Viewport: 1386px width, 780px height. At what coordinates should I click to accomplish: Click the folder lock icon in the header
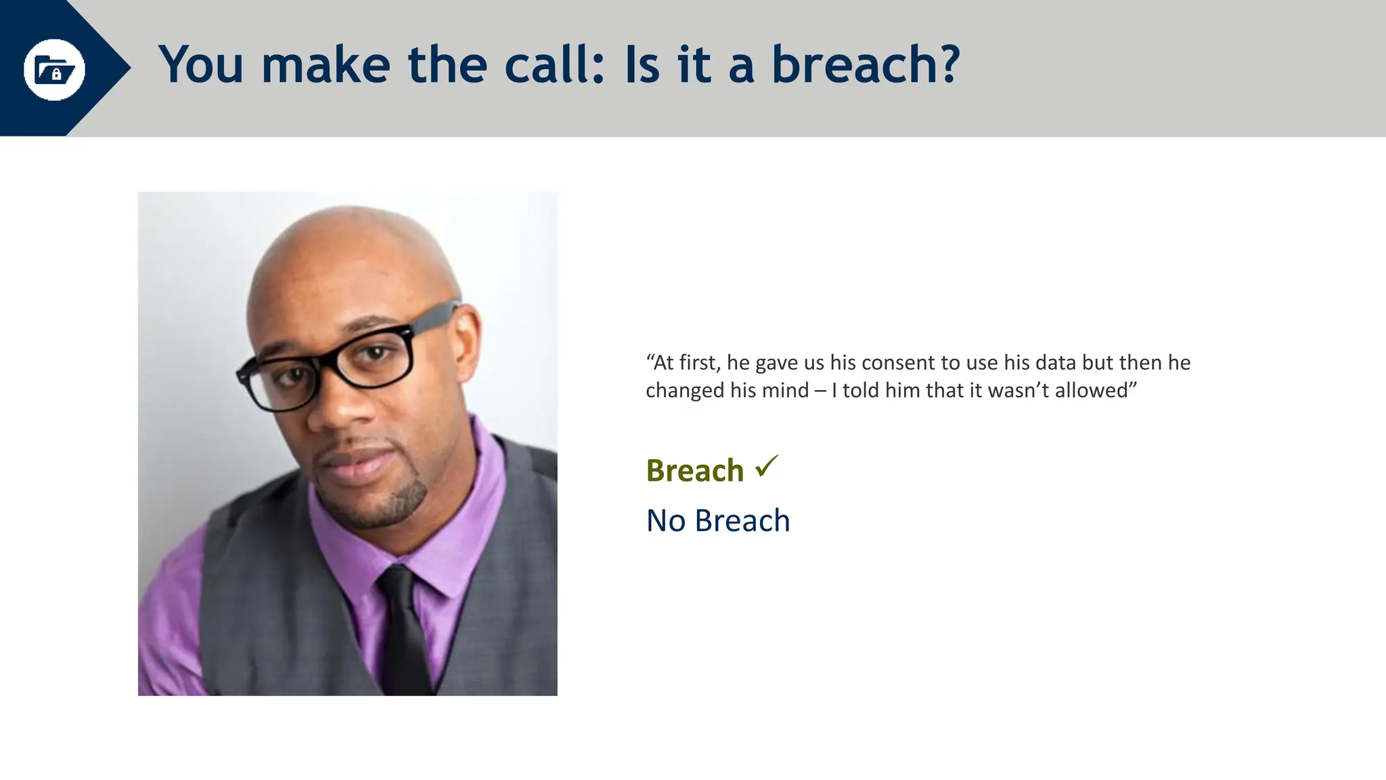[x=54, y=69]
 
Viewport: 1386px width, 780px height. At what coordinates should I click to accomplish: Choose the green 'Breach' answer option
[x=695, y=471]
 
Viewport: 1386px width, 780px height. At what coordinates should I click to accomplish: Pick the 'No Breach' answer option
[x=718, y=521]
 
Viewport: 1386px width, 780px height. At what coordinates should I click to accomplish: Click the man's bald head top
[x=352, y=237]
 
